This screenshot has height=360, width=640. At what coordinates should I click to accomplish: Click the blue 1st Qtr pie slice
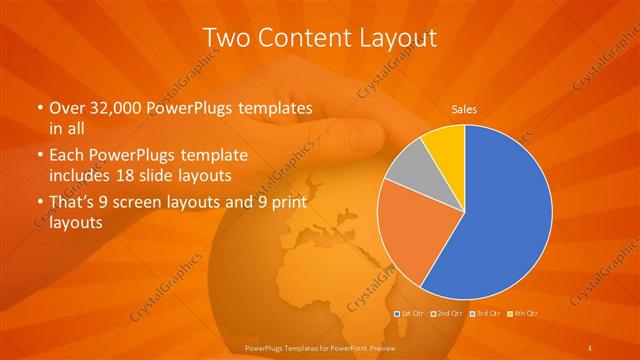click(x=505, y=215)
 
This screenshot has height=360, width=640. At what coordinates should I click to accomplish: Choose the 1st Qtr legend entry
click(x=410, y=313)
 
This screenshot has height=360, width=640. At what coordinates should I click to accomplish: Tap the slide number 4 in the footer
click(x=591, y=347)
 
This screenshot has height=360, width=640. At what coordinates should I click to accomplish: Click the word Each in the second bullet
click(x=66, y=156)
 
